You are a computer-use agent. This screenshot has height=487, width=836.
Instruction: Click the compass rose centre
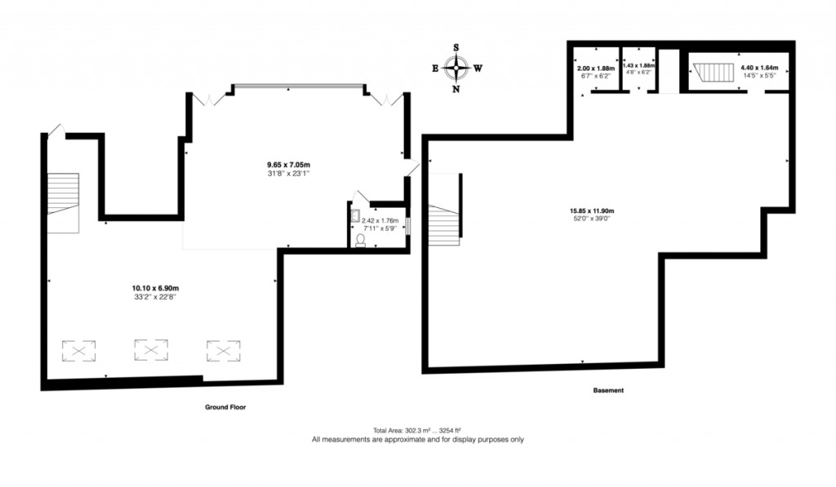(456, 69)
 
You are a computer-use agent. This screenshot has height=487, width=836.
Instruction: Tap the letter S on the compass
(456, 48)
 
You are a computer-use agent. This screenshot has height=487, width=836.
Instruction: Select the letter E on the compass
(435, 69)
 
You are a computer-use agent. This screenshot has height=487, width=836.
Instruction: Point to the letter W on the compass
(478, 69)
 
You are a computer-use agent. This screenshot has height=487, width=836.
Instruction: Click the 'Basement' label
(608, 390)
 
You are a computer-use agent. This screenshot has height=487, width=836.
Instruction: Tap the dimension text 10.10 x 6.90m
(155, 288)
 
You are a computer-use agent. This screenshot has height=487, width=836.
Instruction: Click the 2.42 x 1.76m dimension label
(380, 220)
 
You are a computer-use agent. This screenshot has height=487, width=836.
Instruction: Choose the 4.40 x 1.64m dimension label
(759, 68)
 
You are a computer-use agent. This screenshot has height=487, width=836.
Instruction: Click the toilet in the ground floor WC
(360, 241)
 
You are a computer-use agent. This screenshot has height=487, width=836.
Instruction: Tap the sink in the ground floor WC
(356, 216)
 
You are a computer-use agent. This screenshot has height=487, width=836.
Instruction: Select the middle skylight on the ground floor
(151, 350)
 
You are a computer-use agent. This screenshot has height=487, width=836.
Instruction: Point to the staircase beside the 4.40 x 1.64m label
(711, 73)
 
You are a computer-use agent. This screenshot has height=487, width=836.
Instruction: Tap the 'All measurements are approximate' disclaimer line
(417, 439)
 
